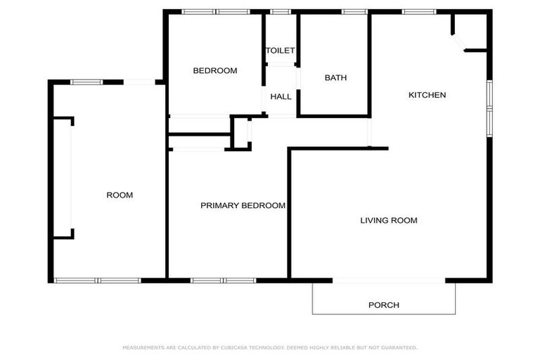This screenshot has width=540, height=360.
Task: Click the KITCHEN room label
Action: click(x=427, y=95)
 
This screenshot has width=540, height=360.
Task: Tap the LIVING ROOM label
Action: click(x=389, y=221)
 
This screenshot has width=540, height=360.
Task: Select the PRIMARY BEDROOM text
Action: click(x=243, y=206)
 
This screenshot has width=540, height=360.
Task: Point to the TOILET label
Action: click(x=280, y=51)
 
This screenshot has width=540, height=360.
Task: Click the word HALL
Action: click(x=281, y=96)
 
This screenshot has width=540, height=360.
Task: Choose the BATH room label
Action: click(x=335, y=78)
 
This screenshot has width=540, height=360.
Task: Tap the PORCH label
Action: click(x=384, y=305)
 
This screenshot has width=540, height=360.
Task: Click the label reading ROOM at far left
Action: click(x=120, y=195)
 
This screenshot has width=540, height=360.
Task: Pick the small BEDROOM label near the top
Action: click(x=215, y=71)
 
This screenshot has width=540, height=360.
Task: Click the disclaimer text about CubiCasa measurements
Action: click(x=270, y=347)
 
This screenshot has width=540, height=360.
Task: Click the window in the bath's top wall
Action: click(x=354, y=11)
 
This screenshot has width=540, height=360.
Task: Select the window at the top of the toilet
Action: click(x=281, y=11)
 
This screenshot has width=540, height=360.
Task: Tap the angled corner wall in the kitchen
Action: click(x=458, y=41)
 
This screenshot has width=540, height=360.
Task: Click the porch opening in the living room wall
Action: click(x=389, y=281)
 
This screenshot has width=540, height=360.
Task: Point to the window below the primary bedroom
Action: click(x=224, y=281)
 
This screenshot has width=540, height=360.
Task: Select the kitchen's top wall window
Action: click(x=419, y=11)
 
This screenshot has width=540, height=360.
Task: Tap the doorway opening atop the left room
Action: click(x=140, y=82)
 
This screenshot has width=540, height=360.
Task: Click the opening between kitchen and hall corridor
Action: click(x=369, y=132)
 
